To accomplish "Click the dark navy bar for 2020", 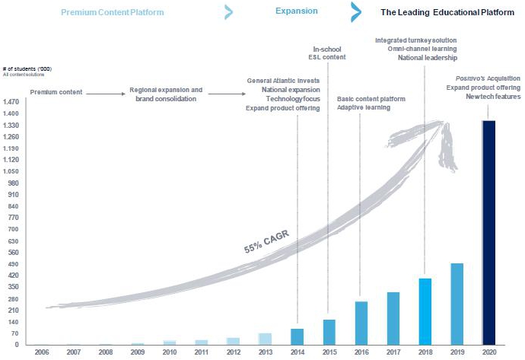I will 489,232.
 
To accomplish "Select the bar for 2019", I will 457,304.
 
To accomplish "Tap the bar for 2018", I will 425,311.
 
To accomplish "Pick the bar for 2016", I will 361,323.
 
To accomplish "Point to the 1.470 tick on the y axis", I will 11,102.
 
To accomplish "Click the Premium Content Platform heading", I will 123,13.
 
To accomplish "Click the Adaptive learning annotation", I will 364,108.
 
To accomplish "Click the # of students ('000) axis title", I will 22,69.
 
